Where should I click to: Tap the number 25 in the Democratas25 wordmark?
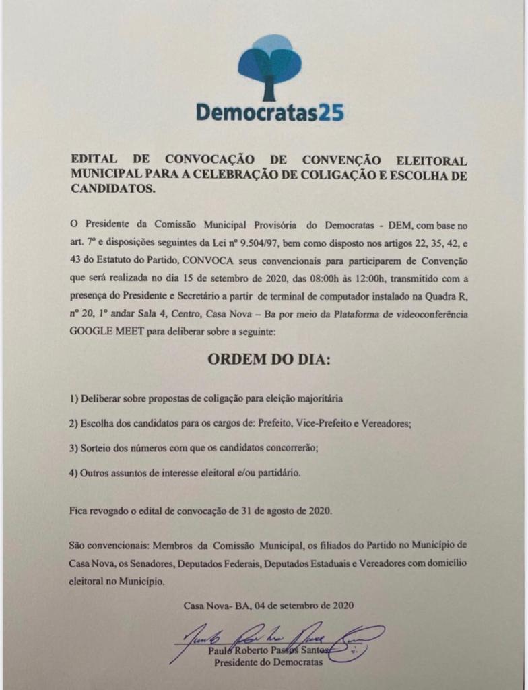tap(331, 111)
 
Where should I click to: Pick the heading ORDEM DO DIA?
tap(269, 360)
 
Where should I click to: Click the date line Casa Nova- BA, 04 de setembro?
tap(267, 605)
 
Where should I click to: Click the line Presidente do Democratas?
tap(267, 663)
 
